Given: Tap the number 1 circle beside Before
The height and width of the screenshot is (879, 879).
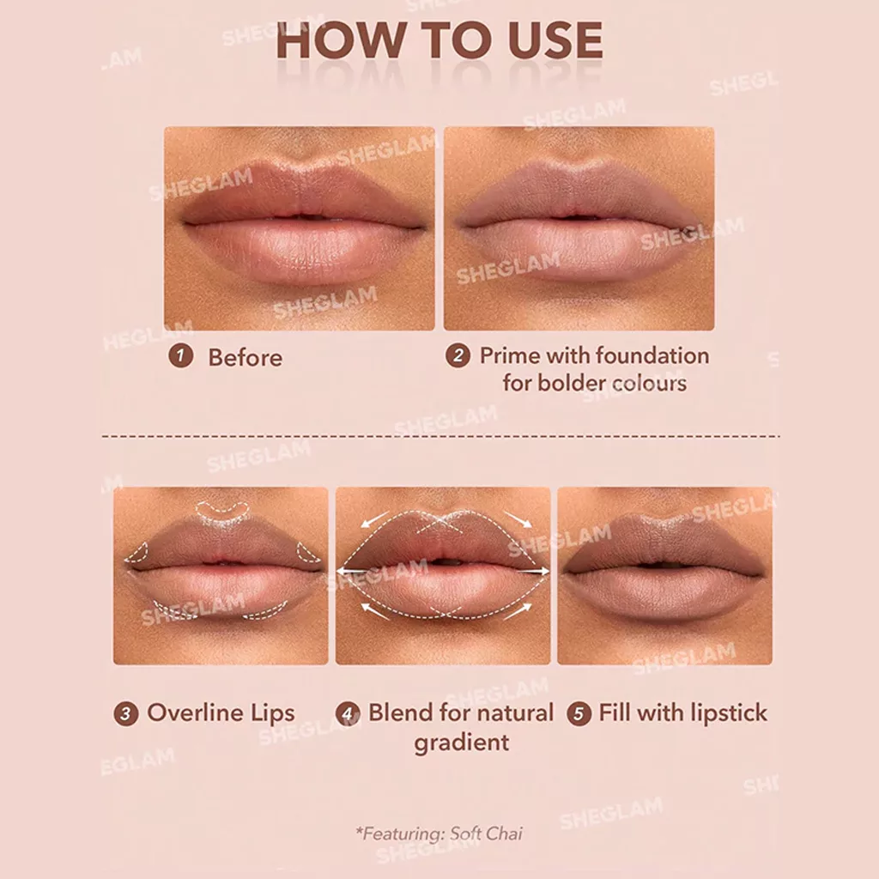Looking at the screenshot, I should click(x=180, y=356).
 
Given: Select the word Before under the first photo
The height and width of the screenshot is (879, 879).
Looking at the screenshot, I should click(x=245, y=357).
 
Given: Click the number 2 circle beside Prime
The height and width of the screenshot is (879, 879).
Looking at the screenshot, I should click(x=458, y=356).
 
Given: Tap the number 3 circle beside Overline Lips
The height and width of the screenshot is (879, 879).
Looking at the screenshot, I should click(x=126, y=713).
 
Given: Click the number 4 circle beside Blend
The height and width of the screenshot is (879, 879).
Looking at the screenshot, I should click(x=349, y=713).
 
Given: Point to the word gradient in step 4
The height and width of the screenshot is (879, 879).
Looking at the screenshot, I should click(x=462, y=742).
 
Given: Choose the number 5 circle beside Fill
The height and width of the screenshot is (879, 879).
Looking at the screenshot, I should click(x=579, y=713).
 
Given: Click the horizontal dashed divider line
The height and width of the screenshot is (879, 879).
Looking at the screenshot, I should click(x=439, y=436).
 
